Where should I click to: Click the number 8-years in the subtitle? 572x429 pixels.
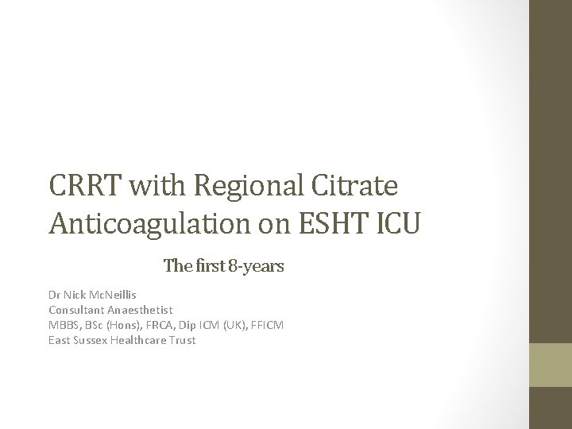point(257,265)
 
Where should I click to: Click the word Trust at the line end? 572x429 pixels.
point(183,340)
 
